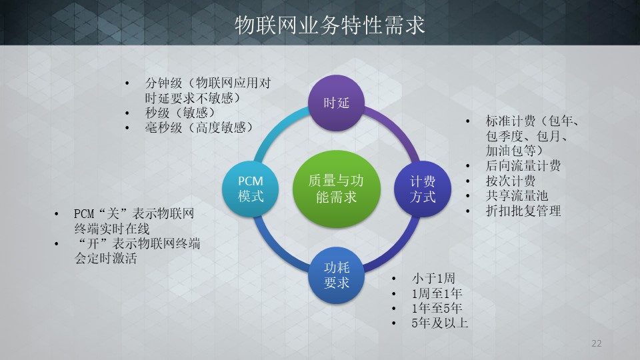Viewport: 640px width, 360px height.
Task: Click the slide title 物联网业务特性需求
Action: (x=330, y=25)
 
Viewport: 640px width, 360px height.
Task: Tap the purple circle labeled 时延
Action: (x=336, y=103)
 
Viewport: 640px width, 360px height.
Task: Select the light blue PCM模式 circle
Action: (x=251, y=189)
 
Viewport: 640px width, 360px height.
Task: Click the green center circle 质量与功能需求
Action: (x=337, y=189)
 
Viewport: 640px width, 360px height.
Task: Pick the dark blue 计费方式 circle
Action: (x=423, y=189)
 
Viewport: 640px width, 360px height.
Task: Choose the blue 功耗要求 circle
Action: (x=336, y=275)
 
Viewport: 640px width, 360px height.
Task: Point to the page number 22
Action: (x=596, y=343)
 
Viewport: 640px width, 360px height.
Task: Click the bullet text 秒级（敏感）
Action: (x=179, y=113)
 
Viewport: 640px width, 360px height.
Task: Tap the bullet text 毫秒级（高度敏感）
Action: (x=199, y=128)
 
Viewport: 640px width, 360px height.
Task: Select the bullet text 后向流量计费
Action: (x=523, y=166)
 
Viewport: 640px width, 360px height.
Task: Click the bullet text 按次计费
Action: (x=510, y=181)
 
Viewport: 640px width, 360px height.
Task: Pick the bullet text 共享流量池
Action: (x=517, y=195)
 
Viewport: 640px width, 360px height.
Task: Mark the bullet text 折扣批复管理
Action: (x=523, y=211)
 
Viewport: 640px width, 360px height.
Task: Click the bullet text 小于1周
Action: (x=433, y=279)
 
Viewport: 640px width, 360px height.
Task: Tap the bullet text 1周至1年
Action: (x=437, y=293)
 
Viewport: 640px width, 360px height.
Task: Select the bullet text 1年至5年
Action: (x=437, y=308)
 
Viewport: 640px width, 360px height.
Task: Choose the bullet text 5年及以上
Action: (x=439, y=323)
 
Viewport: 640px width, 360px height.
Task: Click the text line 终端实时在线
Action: (x=112, y=229)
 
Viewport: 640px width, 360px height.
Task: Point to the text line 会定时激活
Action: (x=105, y=259)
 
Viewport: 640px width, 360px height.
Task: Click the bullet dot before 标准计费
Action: (x=468, y=121)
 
